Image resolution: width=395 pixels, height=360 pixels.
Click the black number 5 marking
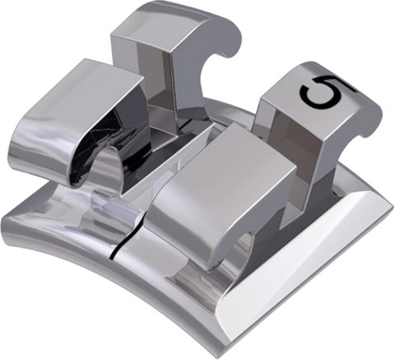pos(322,91)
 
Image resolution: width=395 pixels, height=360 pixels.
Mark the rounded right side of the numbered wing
pos(366,115)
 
